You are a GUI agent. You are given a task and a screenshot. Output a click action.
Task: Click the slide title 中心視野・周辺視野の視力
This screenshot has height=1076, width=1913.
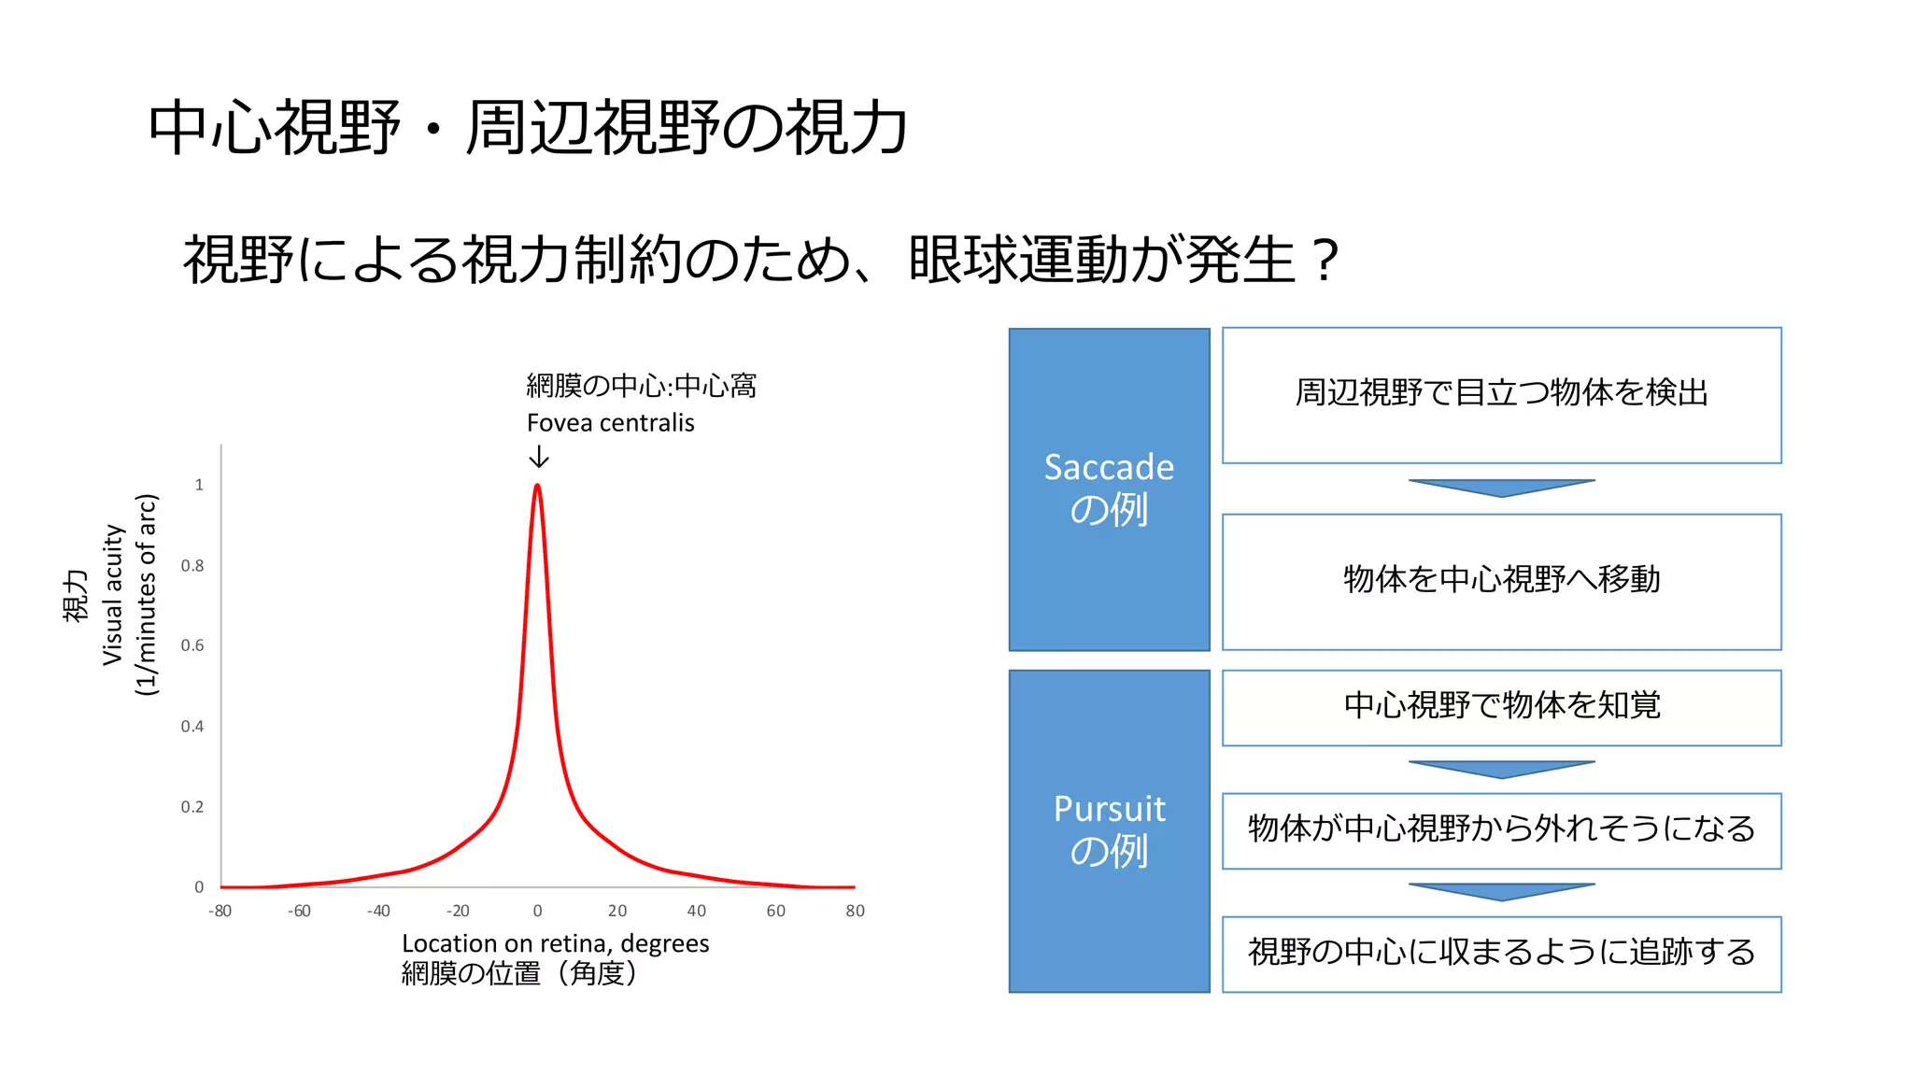pyautogui.click(x=528, y=128)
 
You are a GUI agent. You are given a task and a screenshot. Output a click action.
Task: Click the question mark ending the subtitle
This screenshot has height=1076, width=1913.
pyautogui.click(x=1325, y=260)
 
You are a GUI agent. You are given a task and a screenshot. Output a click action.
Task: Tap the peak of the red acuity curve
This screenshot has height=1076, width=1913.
pyautogui.click(x=537, y=487)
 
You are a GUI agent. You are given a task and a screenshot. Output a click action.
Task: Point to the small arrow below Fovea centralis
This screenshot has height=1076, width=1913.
pyautogui.click(x=539, y=457)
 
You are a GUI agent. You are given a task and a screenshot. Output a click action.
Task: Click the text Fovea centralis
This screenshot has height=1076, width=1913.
pyautogui.click(x=610, y=423)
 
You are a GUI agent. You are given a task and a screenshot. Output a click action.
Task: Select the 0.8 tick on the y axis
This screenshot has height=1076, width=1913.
pyautogui.click(x=192, y=565)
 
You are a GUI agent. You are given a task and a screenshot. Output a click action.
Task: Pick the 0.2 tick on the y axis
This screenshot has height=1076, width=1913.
pyautogui.click(x=192, y=807)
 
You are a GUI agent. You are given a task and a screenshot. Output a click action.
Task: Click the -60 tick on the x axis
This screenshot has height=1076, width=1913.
pyautogui.click(x=299, y=911)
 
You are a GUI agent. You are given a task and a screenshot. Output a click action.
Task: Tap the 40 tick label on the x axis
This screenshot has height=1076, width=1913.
pyautogui.click(x=696, y=911)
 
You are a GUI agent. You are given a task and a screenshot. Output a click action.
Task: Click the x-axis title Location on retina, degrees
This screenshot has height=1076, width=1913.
pyautogui.click(x=555, y=943)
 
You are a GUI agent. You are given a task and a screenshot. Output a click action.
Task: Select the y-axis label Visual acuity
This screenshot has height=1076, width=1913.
pyautogui.click(x=112, y=595)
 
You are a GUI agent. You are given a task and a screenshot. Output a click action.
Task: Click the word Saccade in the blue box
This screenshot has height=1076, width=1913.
pyautogui.click(x=1109, y=467)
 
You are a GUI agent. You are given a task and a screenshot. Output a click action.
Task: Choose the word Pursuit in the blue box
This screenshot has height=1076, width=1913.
pyautogui.click(x=1109, y=809)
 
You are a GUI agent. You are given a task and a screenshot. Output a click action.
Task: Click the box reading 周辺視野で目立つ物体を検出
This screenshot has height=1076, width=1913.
pyautogui.click(x=1501, y=394)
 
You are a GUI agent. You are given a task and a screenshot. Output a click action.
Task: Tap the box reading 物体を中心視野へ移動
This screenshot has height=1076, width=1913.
pyautogui.click(x=1501, y=581)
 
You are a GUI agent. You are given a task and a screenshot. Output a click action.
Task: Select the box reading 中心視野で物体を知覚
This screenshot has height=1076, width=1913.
pyautogui.click(x=1501, y=706)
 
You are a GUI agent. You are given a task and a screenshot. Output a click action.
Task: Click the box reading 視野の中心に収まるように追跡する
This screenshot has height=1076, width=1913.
pyautogui.click(x=1501, y=953)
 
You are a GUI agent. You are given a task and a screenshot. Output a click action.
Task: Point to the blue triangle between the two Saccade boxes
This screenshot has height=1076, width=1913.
pyautogui.click(x=1501, y=487)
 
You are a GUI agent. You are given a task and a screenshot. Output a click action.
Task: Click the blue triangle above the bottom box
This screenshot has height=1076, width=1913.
pyautogui.click(x=1501, y=890)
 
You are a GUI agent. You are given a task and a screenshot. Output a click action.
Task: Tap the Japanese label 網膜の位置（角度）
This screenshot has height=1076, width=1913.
pyautogui.click(x=519, y=973)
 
